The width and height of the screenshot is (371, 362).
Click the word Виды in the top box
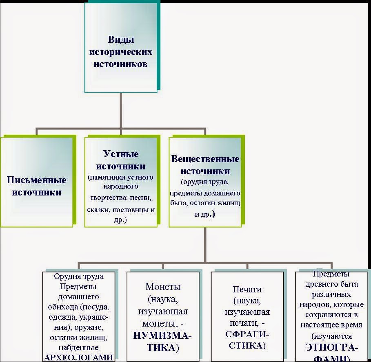(121, 40)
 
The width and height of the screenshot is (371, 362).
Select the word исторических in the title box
(121, 52)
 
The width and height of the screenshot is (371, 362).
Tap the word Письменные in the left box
(37, 180)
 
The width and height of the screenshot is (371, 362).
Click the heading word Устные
(121, 154)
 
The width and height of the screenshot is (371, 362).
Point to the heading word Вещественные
(205, 159)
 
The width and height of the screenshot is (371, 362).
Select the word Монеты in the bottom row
(163, 287)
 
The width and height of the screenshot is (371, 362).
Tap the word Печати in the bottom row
(247, 290)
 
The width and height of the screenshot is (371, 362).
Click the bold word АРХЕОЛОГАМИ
(78, 358)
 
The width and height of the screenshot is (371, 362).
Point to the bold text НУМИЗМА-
(162, 336)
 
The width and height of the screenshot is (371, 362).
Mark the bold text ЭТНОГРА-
(331, 348)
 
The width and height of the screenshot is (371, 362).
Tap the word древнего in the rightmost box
(319, 284)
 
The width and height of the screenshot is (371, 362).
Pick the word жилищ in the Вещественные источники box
(229, 202)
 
